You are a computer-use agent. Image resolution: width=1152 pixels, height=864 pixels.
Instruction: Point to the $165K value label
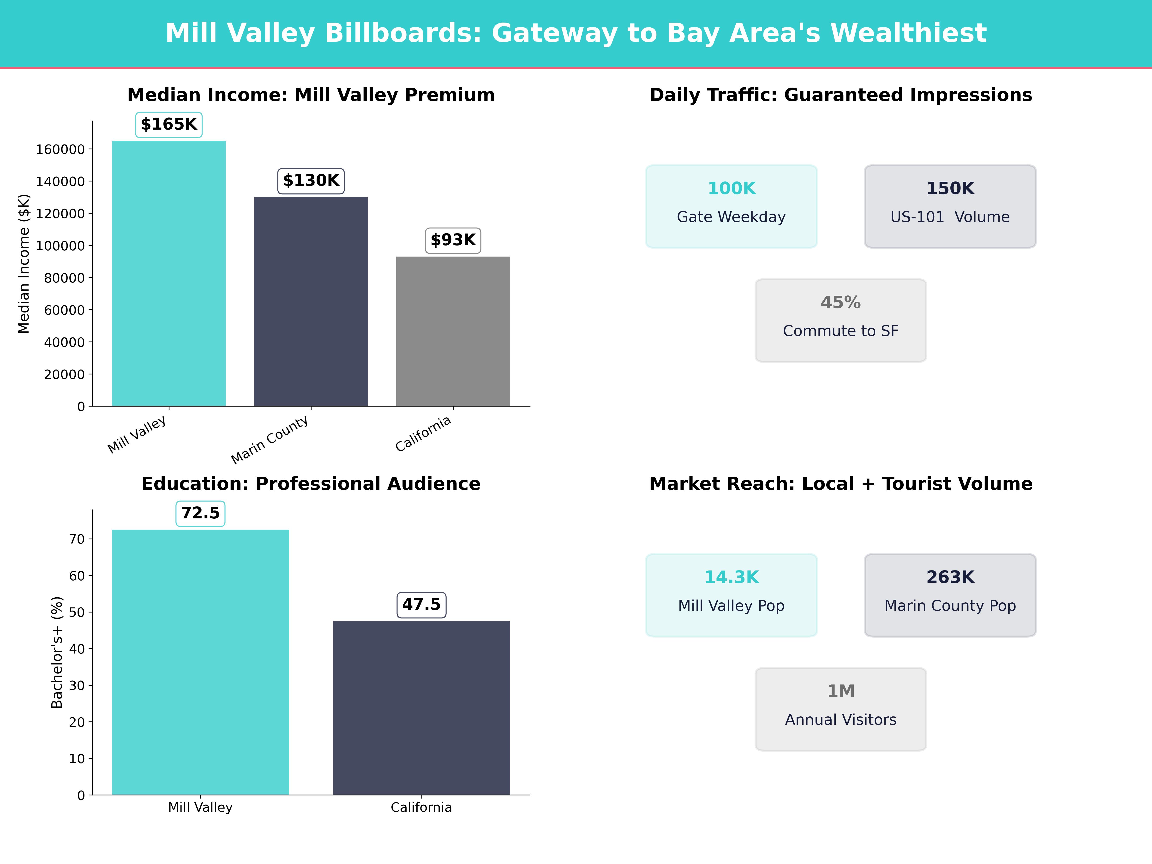tap(169, 125)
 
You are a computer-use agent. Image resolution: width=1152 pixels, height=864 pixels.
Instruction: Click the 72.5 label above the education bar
tap(200, 513)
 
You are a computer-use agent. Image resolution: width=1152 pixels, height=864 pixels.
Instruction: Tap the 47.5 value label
tap(421, 605)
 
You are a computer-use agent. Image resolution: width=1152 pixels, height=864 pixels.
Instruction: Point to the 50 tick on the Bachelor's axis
tap(77, 612)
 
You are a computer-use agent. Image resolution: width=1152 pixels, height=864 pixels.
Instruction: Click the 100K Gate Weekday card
tap(731, 206)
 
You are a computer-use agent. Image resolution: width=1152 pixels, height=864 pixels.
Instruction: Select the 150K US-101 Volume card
tap(950, 206)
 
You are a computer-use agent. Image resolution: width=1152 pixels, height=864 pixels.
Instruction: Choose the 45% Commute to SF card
tap(840, 320)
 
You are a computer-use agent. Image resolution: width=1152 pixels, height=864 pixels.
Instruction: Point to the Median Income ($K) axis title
tap(24, 264)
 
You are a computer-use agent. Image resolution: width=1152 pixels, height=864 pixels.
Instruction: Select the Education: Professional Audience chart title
tap(311, 484)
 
